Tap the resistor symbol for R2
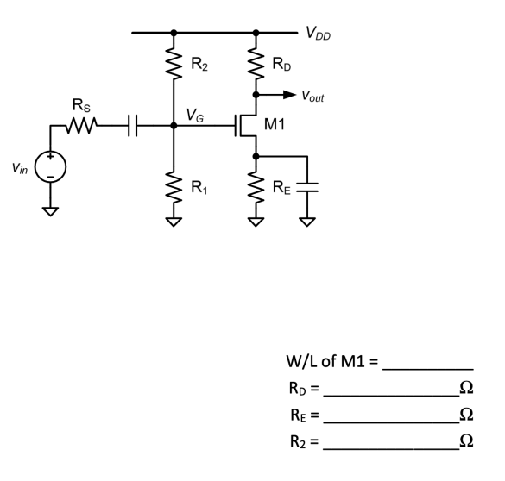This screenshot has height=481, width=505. [x=174, y=65]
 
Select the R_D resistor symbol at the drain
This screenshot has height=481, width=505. [x=256, y=65]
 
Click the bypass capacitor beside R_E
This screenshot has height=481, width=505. [x=306, y=188]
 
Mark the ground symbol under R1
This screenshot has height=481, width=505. [x=174, y=222]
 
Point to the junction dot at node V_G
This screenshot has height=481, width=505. [x=174, y=126]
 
